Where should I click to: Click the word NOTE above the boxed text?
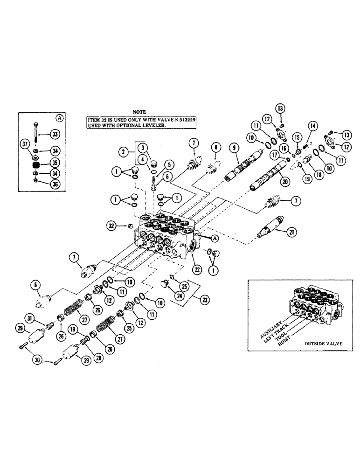tap(139, 112)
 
